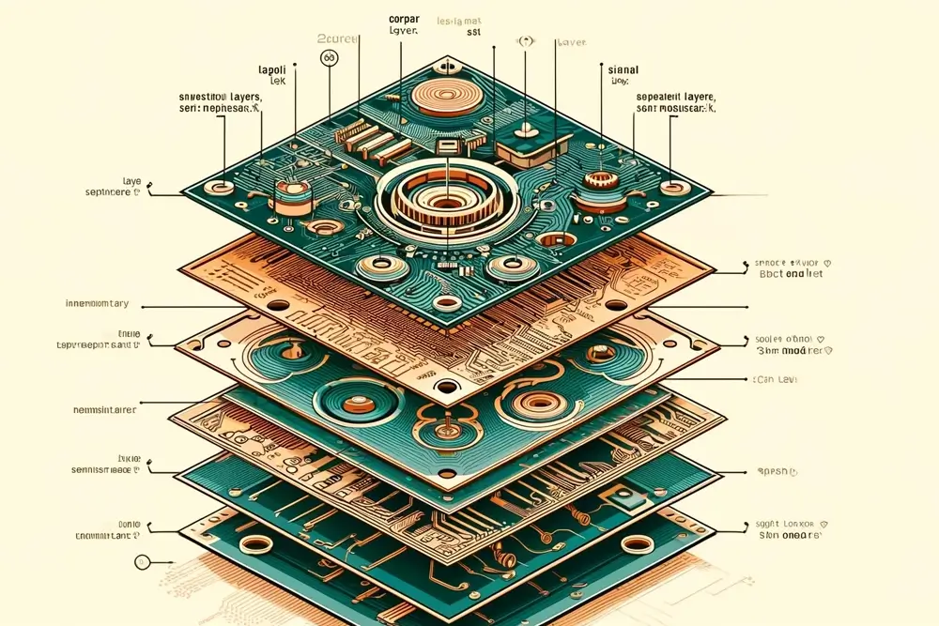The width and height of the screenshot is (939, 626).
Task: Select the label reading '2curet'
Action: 336,39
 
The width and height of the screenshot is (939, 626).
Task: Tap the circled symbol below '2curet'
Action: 329,57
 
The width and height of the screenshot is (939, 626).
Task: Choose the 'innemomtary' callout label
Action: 97,304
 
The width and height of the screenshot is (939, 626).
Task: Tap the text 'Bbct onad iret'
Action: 793,275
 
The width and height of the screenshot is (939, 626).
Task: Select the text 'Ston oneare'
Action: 791,535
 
